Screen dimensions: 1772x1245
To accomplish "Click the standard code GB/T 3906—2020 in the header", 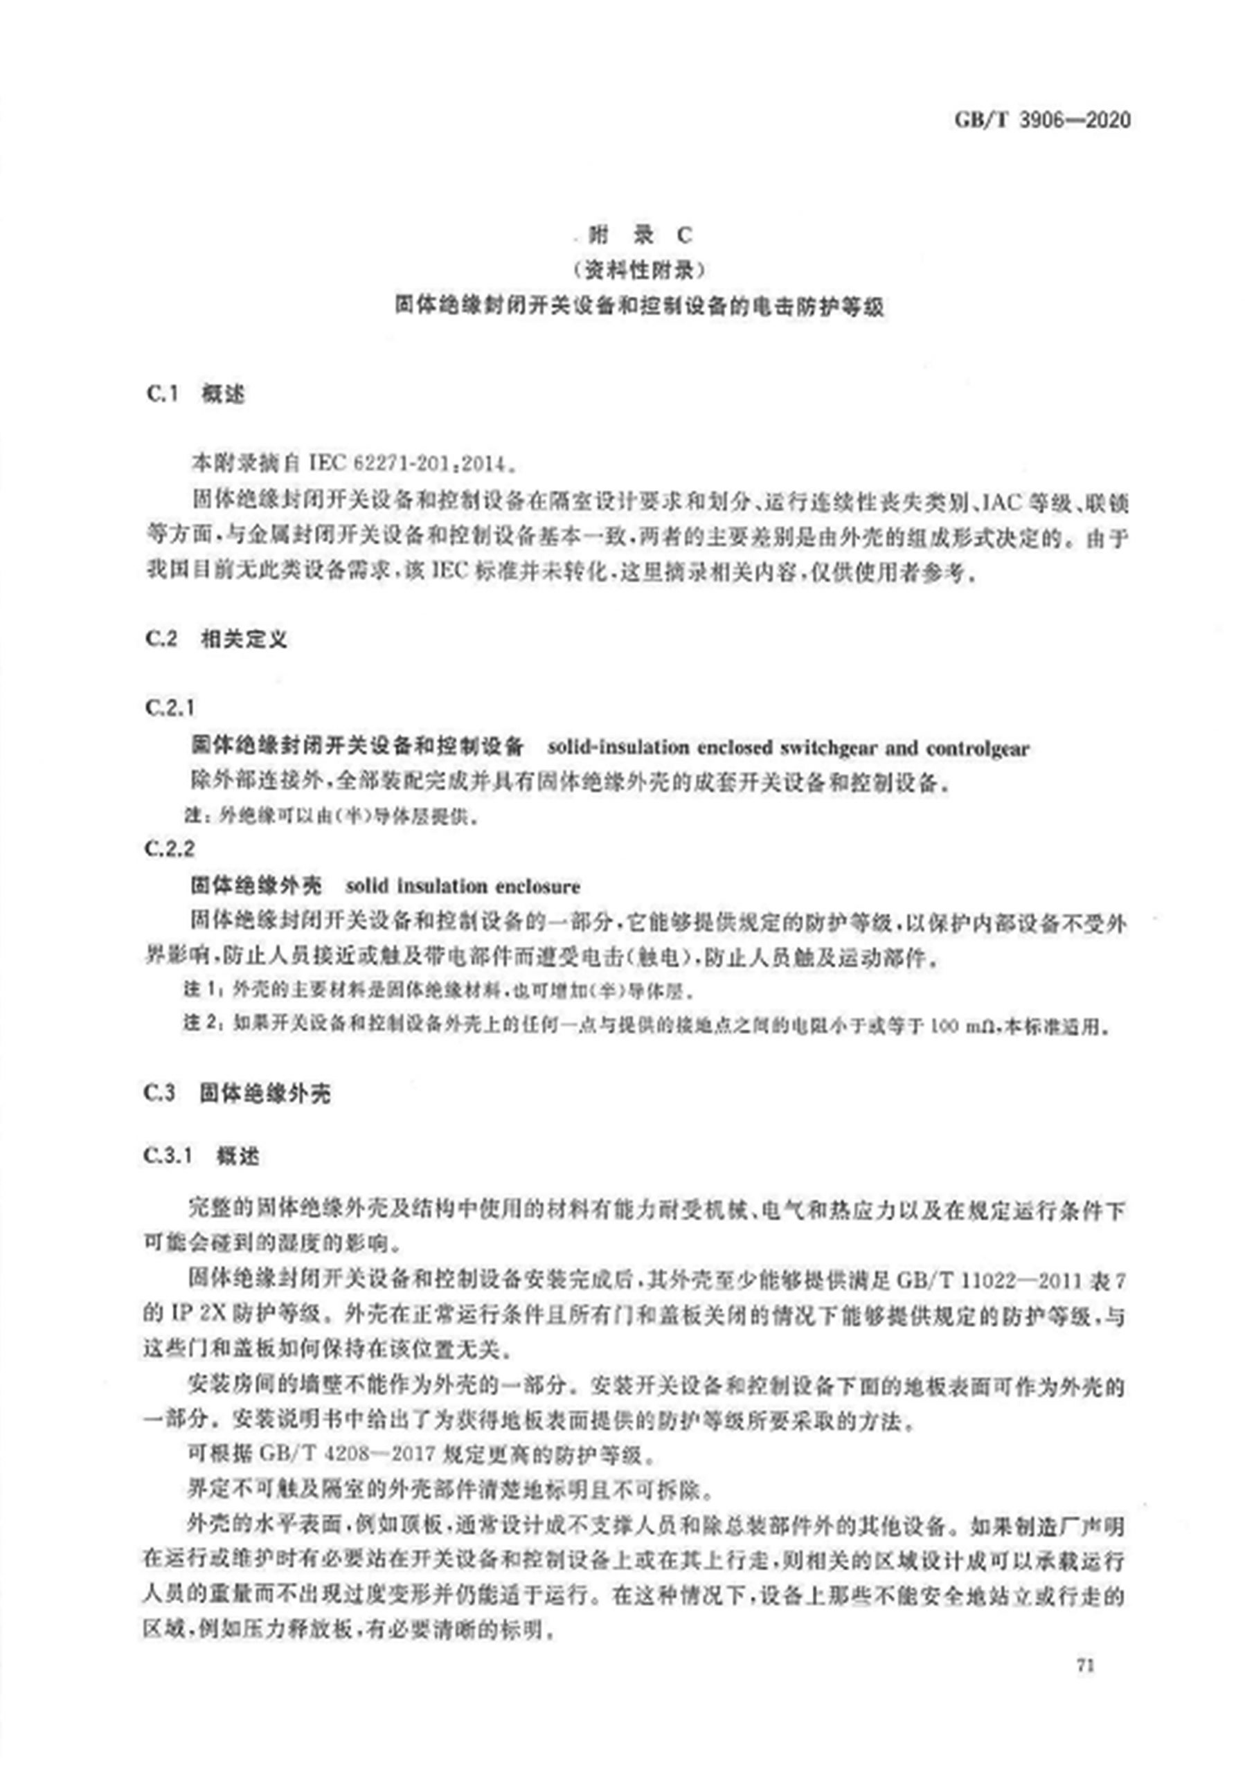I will (x=1041, y=120).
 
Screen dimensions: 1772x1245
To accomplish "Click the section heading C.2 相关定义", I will (x=215, y=638).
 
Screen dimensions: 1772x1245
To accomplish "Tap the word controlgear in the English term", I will (x=977, y=747).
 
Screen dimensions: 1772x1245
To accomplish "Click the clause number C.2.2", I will (x=169, y=849).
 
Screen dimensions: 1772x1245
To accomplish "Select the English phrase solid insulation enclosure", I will (x=463, y=886).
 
